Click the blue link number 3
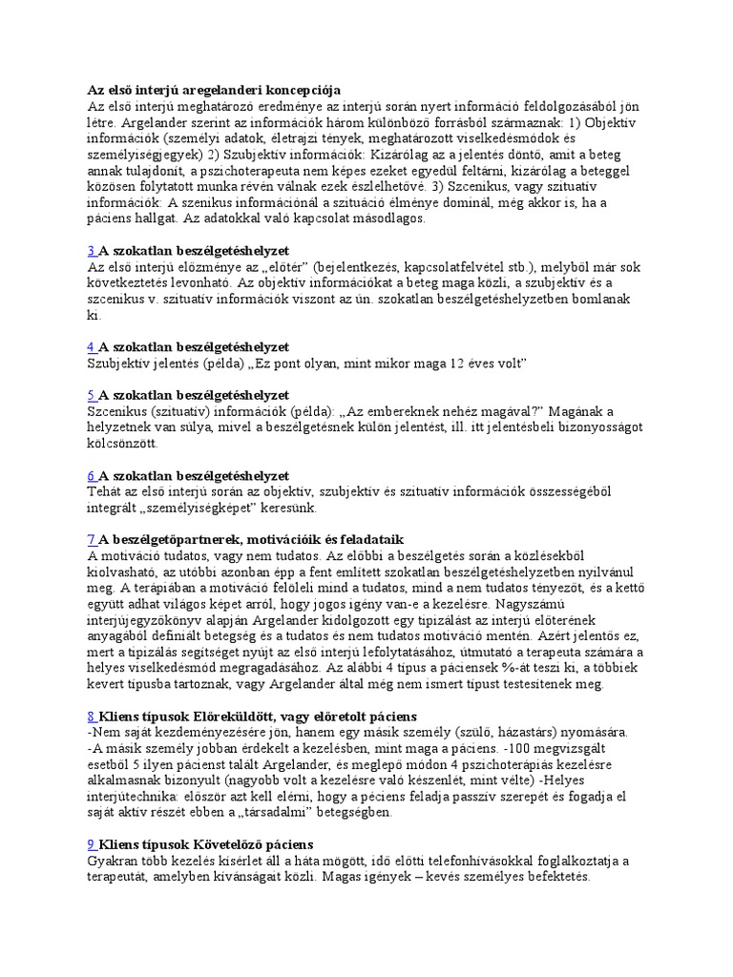tap(92, 250)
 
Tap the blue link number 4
tap(92, 346)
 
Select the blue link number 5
tap(92, 395)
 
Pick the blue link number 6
tap(92, 475)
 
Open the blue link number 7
tap(92, 540)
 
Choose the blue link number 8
tap(92, 716)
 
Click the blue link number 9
tap(92, 844)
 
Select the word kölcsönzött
tap(124, 444)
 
